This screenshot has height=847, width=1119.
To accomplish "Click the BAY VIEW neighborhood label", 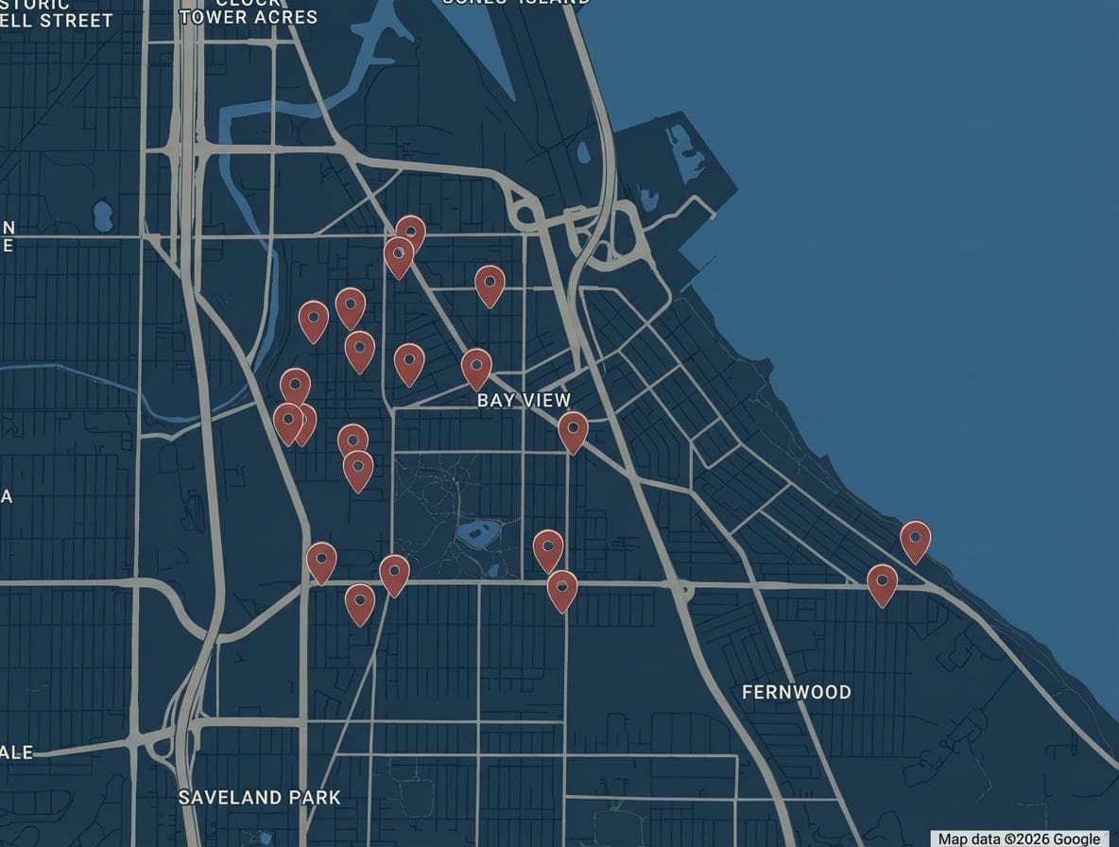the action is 524,400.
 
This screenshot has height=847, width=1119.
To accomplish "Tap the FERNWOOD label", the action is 796,692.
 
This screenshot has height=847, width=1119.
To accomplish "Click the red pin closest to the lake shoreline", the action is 915,539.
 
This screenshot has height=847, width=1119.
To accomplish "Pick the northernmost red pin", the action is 410,231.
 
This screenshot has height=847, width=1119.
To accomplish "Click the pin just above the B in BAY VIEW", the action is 476,366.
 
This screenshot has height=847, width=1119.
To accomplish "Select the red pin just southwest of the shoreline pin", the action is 882,582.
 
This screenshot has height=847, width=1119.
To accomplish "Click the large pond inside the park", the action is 478,533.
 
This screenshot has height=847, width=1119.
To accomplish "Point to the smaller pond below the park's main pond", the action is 492,570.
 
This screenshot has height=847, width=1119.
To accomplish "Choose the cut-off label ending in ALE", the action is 17,752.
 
